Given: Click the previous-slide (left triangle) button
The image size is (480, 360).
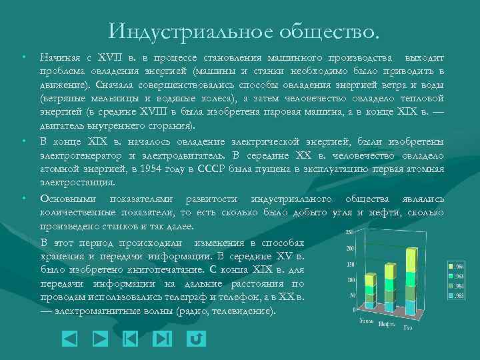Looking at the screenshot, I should pos(69,339).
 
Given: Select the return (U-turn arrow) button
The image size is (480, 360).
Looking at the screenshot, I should pos(196,339).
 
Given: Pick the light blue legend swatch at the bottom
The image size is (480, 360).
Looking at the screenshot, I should pos(452,295).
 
